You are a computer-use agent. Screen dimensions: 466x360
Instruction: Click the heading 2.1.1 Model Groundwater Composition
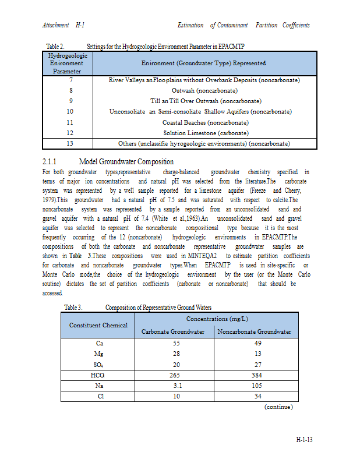[x=108, y=161]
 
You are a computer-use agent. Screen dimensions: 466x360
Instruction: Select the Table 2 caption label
[x=55, y=45]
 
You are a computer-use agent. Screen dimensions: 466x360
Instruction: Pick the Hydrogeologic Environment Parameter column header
[x=70, y=63]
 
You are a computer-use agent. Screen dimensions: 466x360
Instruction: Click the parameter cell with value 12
[x=70, y=133]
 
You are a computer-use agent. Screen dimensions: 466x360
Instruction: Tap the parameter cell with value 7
[x=70, y=80]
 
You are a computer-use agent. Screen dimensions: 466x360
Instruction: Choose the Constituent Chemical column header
[x=98, y=325]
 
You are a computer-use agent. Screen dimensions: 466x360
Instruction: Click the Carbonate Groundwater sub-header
[x=173, y=332]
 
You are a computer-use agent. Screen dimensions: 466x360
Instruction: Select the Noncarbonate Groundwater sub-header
[x=254, y=332]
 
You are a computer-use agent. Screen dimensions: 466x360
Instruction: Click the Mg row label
[x=98, y=354]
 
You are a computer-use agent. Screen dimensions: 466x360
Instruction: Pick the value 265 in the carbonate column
[x=173, y=375]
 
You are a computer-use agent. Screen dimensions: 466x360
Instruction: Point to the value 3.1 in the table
[x=173, y=386]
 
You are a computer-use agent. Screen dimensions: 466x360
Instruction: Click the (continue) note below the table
[x=278, y=407]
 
